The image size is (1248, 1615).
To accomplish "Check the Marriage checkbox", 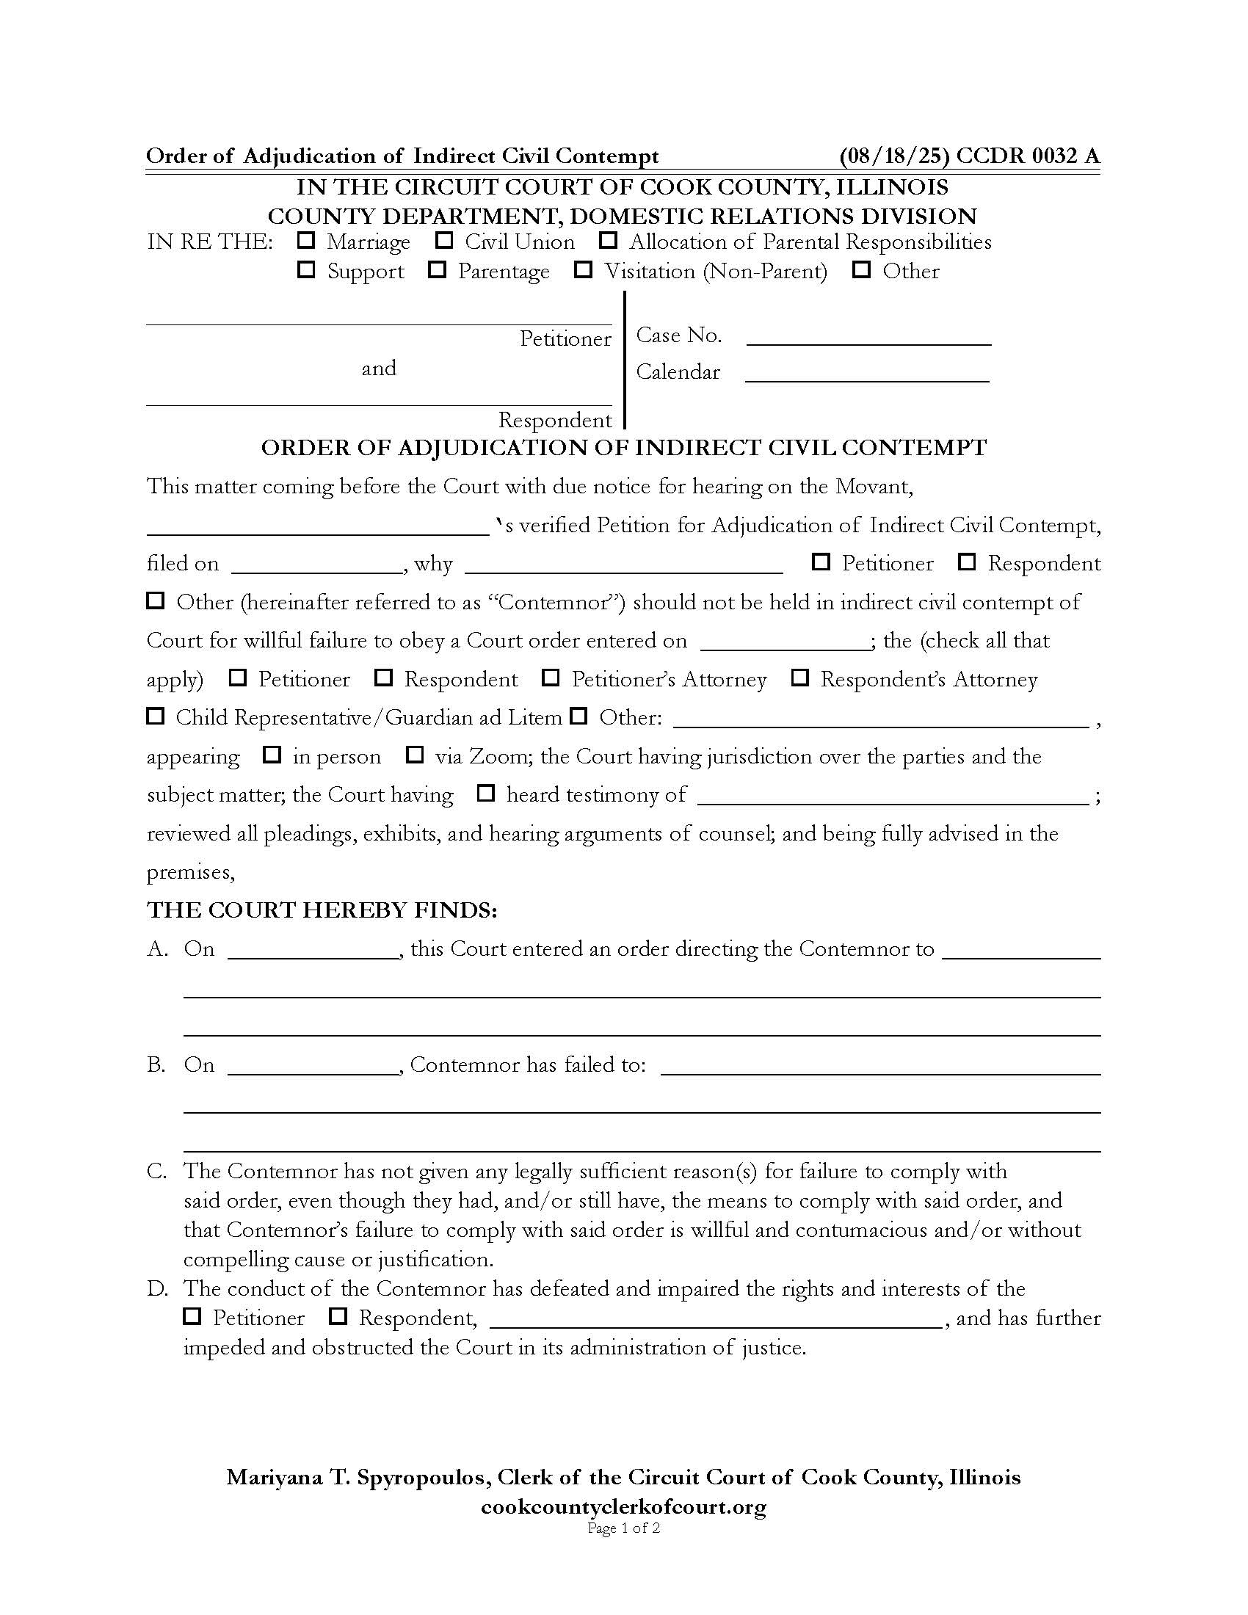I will pyautogui.click(x=305, y=240).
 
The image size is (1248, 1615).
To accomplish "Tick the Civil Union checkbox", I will pyautogui.click(x=443, y=240).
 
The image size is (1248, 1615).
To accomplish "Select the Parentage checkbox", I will pyautogui.click(x=437, y=269).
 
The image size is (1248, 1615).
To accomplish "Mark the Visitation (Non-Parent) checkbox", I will pyautogui.click(x=584, y=269).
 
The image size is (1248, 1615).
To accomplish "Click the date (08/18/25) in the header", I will pyautogui.click(x=894, y=156).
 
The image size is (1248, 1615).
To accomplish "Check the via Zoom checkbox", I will pyautogui.click(x=415, y=755).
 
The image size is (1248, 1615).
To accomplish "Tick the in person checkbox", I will pyautogui.click(x=272, y=755).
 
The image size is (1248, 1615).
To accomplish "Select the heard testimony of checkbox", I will pyautogui.click(x=486, y=794).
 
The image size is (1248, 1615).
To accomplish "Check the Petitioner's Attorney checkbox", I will pyautogui.click(x=551, y=678).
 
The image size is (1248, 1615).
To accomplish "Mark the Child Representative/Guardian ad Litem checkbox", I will pyautogui.click(x=154, y=716).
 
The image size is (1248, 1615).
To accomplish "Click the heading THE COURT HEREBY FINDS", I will pyautogui.click(x=322, y=910).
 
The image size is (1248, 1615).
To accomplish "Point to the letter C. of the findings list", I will pyautogui.click(x=158, y=1172).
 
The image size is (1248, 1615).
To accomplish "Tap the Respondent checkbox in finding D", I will pyautogui.click(x=338, y=1316).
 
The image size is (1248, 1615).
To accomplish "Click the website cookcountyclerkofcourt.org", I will pyautogui.click(x=623, y=1506).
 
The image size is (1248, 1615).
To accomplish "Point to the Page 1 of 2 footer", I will pyautogui.click(x=623, y=1528).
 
